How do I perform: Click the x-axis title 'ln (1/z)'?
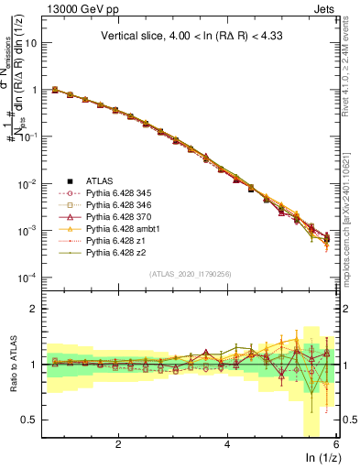(x=322, y=457)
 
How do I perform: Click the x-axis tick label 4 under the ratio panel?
(x=227, y=443)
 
